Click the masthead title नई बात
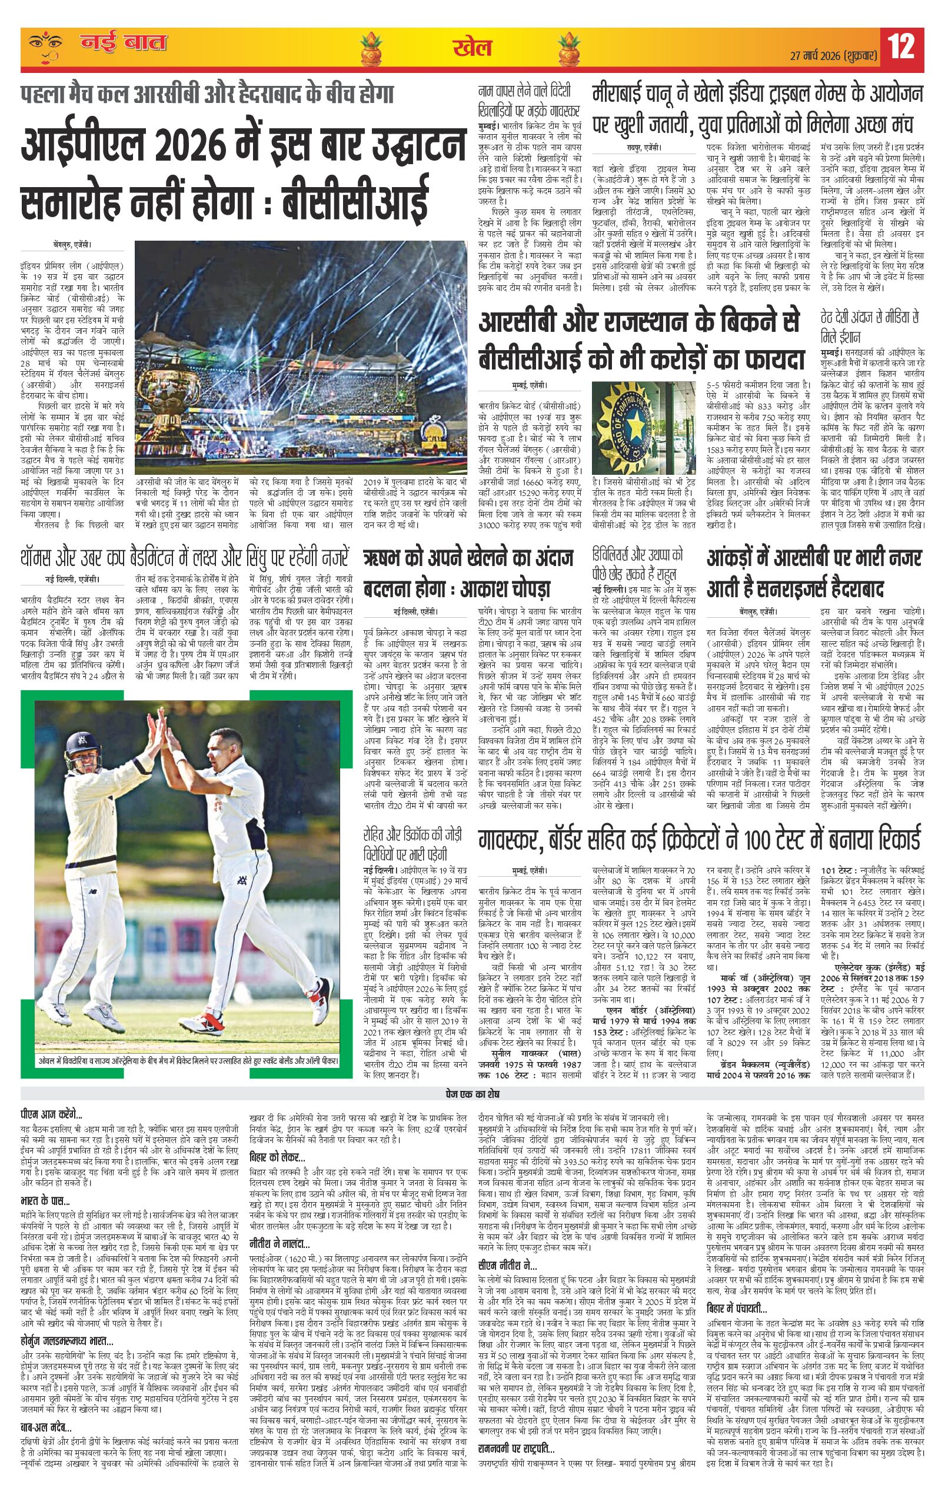coord(124,44)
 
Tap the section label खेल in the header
coord(472,48)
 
